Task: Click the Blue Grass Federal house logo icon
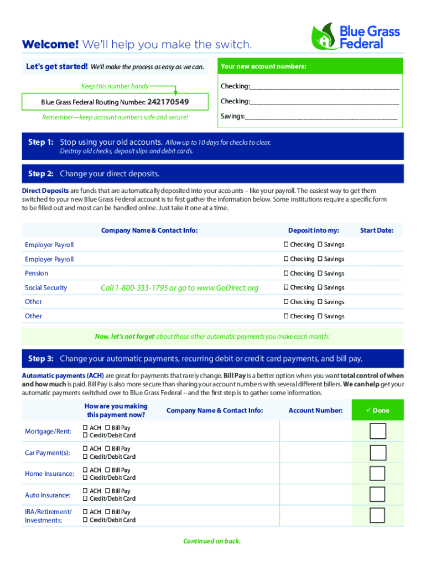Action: click(x=323, y=36)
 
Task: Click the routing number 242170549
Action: click(x=168, y=102)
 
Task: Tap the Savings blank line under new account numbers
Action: click(x=321, y=117)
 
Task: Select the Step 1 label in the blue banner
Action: click(x=40, y=143)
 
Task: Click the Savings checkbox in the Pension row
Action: click(x=320, y=274)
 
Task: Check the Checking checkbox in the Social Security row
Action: click(x=286, y=287)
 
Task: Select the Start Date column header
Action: click(x=376, y=230)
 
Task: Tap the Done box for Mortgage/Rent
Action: click(x=377, y=431)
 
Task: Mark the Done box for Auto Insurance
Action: click(x=377, y=494)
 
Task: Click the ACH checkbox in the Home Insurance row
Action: click(x=85, y=470)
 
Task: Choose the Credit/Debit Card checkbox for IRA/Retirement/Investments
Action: click(x=85, y=520)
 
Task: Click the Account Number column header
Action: click(x=315, y=411)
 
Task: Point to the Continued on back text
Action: click(x=212, y=541)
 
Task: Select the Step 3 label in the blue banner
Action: click(x=40, y=359)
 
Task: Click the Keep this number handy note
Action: click(x=115, y=86)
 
